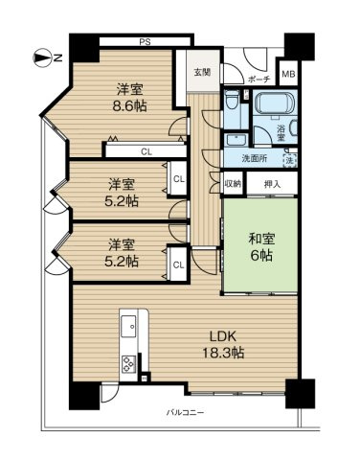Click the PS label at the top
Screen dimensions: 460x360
point(145,41)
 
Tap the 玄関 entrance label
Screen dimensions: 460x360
point(202,72)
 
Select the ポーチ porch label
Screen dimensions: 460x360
point(258,80)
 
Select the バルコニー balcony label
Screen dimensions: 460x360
point(186,413)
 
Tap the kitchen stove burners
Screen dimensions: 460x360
point(126,364)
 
